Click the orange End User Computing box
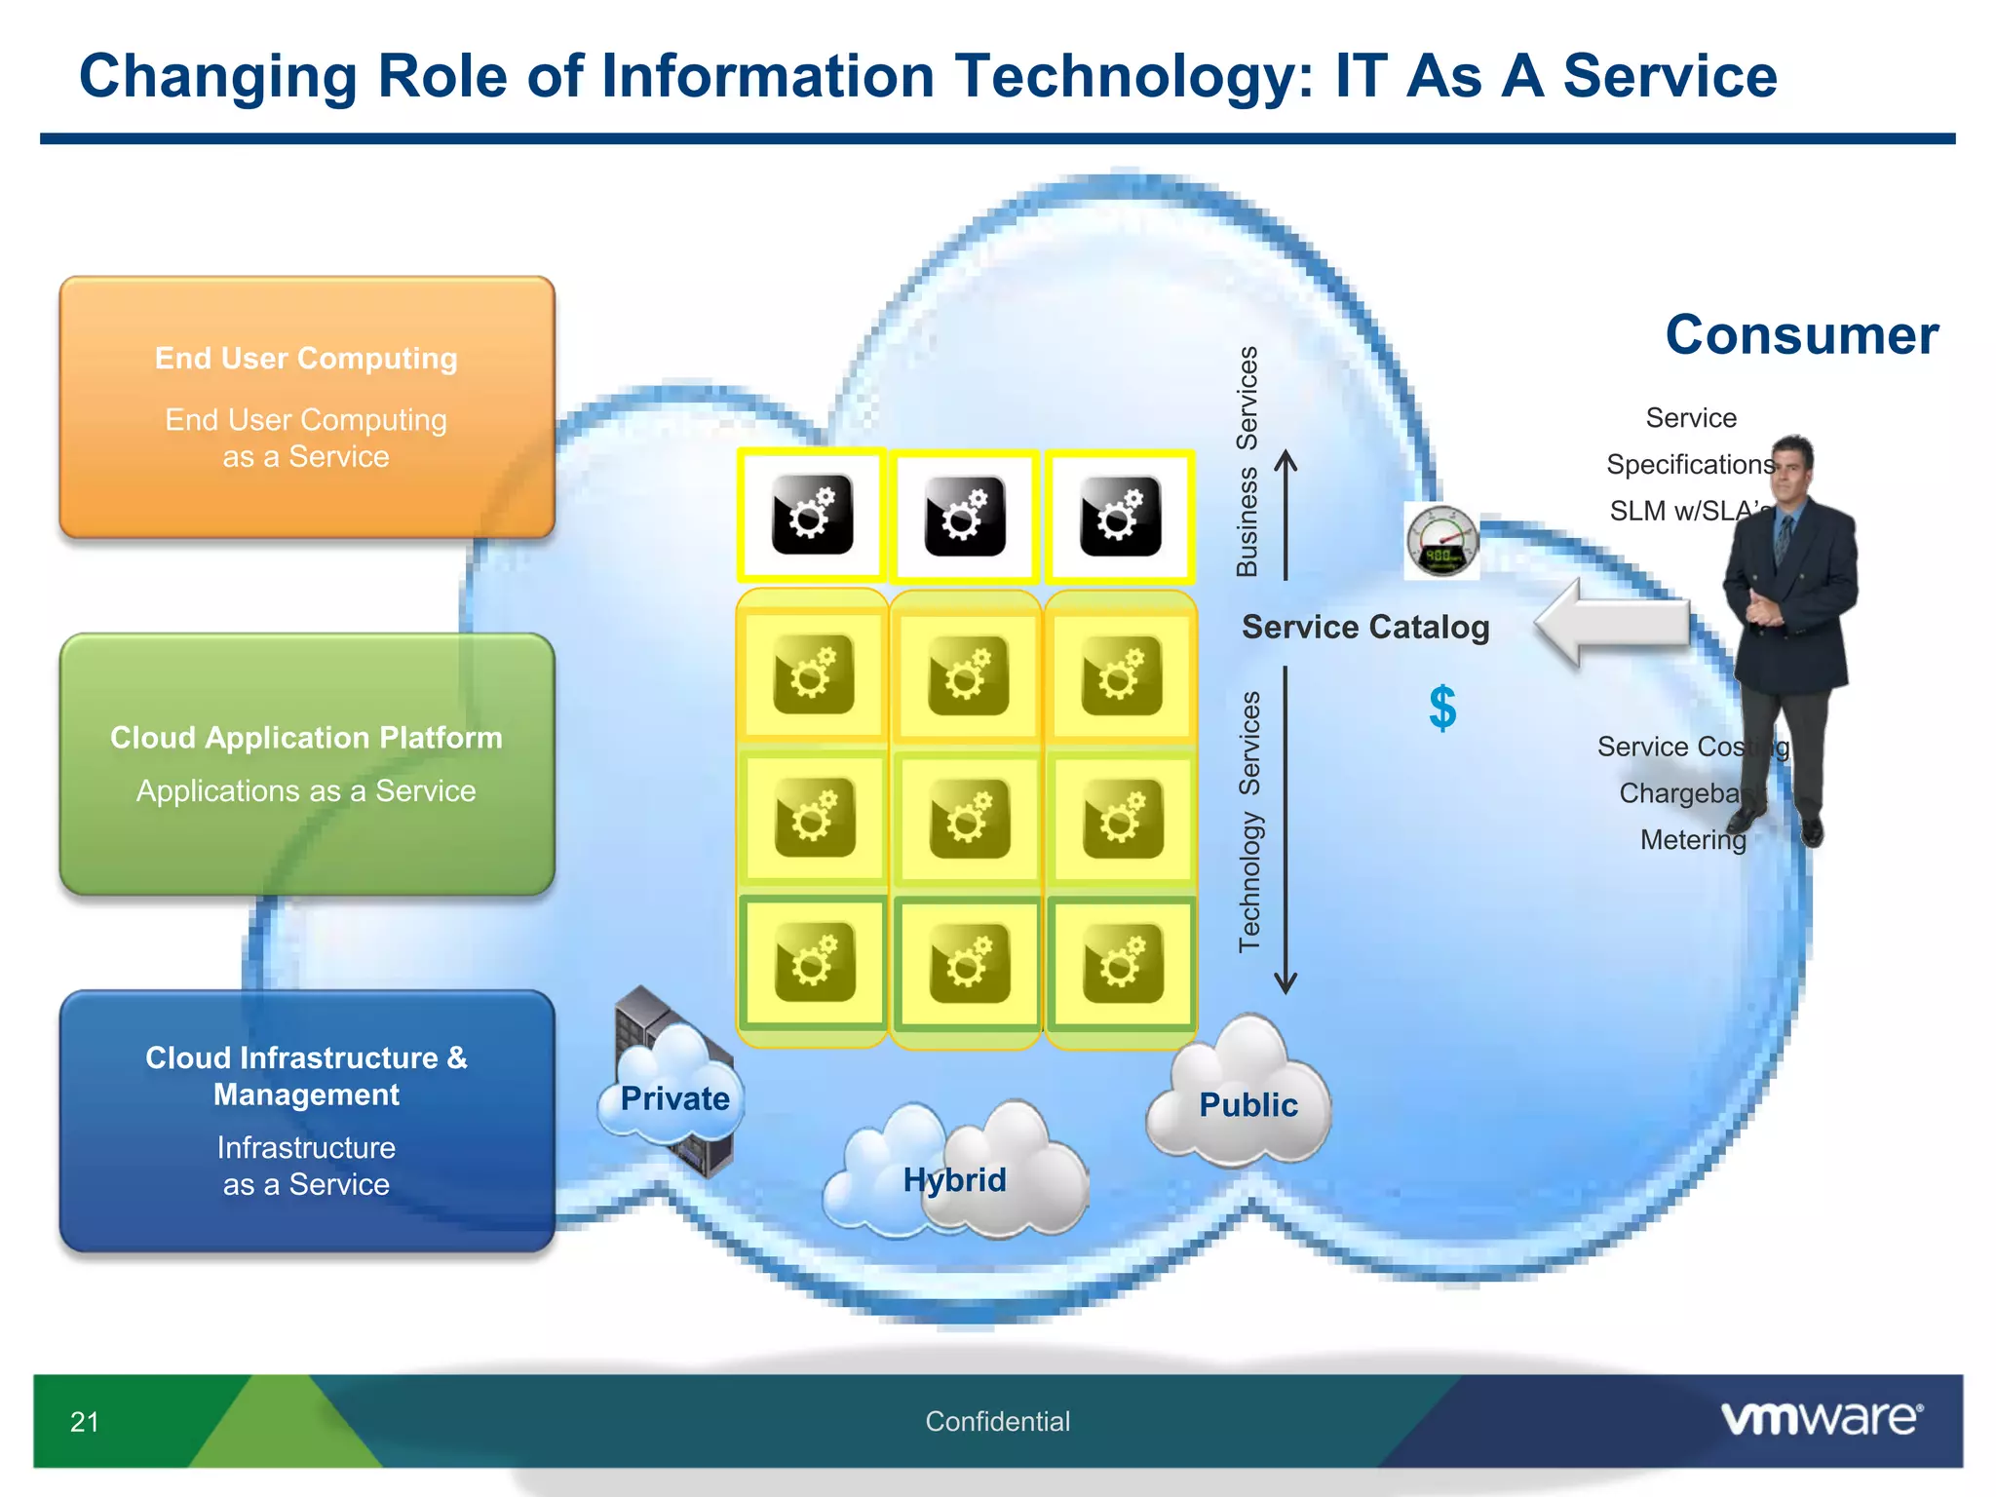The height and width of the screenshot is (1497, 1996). coord(307,406)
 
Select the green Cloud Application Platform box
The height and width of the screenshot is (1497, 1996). coord(307,764)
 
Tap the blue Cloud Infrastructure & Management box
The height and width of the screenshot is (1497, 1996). coord(307,1121)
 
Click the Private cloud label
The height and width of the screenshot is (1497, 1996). coord(674,1098)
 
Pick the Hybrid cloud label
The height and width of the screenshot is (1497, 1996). coord(954,1179)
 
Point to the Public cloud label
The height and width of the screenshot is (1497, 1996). coord(1247,1104)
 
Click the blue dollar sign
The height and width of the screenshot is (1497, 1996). coord(1442,708)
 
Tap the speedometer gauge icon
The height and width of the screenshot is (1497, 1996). coord(1441,542)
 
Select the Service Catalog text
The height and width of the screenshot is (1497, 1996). coord(1364,627)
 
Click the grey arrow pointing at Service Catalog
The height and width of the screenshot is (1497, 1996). coord(1613,623)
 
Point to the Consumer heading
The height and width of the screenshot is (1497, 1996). coord(1801,334)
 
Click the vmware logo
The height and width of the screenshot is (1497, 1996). coord(1821,1418)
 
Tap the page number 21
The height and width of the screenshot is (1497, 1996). coord(85,1422)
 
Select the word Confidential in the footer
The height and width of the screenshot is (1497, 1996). coord(997,1421)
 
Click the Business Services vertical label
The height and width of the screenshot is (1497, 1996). coord(1247,461)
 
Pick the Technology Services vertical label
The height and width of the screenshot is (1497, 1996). coord(1249,822)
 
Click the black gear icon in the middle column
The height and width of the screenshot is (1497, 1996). coord(965,516)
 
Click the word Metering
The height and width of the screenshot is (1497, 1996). coord(1693,839)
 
